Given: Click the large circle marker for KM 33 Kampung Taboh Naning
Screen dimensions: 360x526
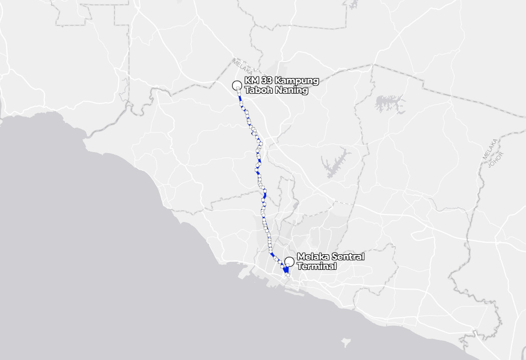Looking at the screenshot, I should click(237, 85).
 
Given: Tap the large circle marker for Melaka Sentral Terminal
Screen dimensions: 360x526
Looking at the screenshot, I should click(289, 261).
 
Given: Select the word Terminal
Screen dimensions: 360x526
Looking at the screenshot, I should click(317, 266).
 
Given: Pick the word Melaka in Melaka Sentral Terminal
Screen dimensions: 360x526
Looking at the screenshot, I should click(312, 257).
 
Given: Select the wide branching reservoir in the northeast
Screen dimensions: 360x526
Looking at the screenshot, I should click(390, 104).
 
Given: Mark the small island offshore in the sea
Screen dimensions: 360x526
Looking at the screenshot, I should click(345, 343).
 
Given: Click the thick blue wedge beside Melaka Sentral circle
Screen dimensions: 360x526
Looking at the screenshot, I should click(285, 270).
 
